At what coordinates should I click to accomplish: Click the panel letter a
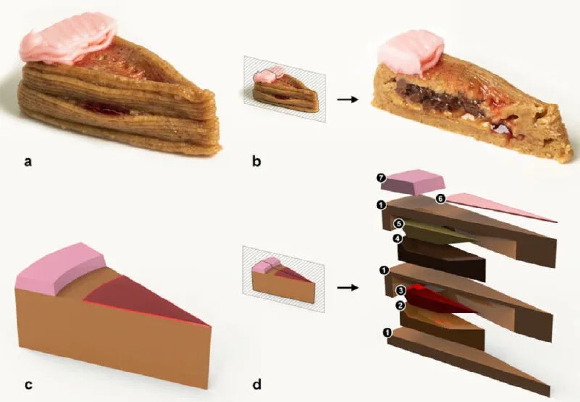tap(28, 162)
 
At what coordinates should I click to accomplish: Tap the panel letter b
tap(257, 161)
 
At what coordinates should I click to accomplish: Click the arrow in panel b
tap(348, 99)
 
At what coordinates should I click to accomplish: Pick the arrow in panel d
tap(348, 288)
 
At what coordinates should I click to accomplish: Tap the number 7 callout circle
tap(381, 179)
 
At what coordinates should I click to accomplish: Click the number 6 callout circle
tap(441, 199)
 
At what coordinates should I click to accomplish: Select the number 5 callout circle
tap(399, 223)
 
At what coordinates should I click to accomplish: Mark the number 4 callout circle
tap(397, 238)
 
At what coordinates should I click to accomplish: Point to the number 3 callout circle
tap(401, 291)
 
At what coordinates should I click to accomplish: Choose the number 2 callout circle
tap(400, 306)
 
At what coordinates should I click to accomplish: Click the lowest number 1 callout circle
tap(387, 332)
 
